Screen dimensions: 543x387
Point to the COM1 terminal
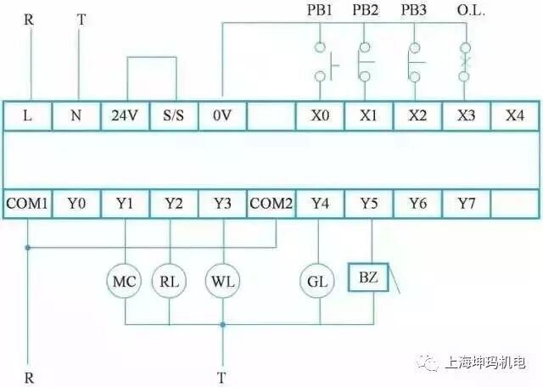[x=28, y=204]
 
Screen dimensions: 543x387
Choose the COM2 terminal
[x=271, y=204]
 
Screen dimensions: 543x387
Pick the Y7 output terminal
[x=465, y=204]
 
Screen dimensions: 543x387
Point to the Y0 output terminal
[x=77, y=204]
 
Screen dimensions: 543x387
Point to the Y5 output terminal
[x=367, y=204]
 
